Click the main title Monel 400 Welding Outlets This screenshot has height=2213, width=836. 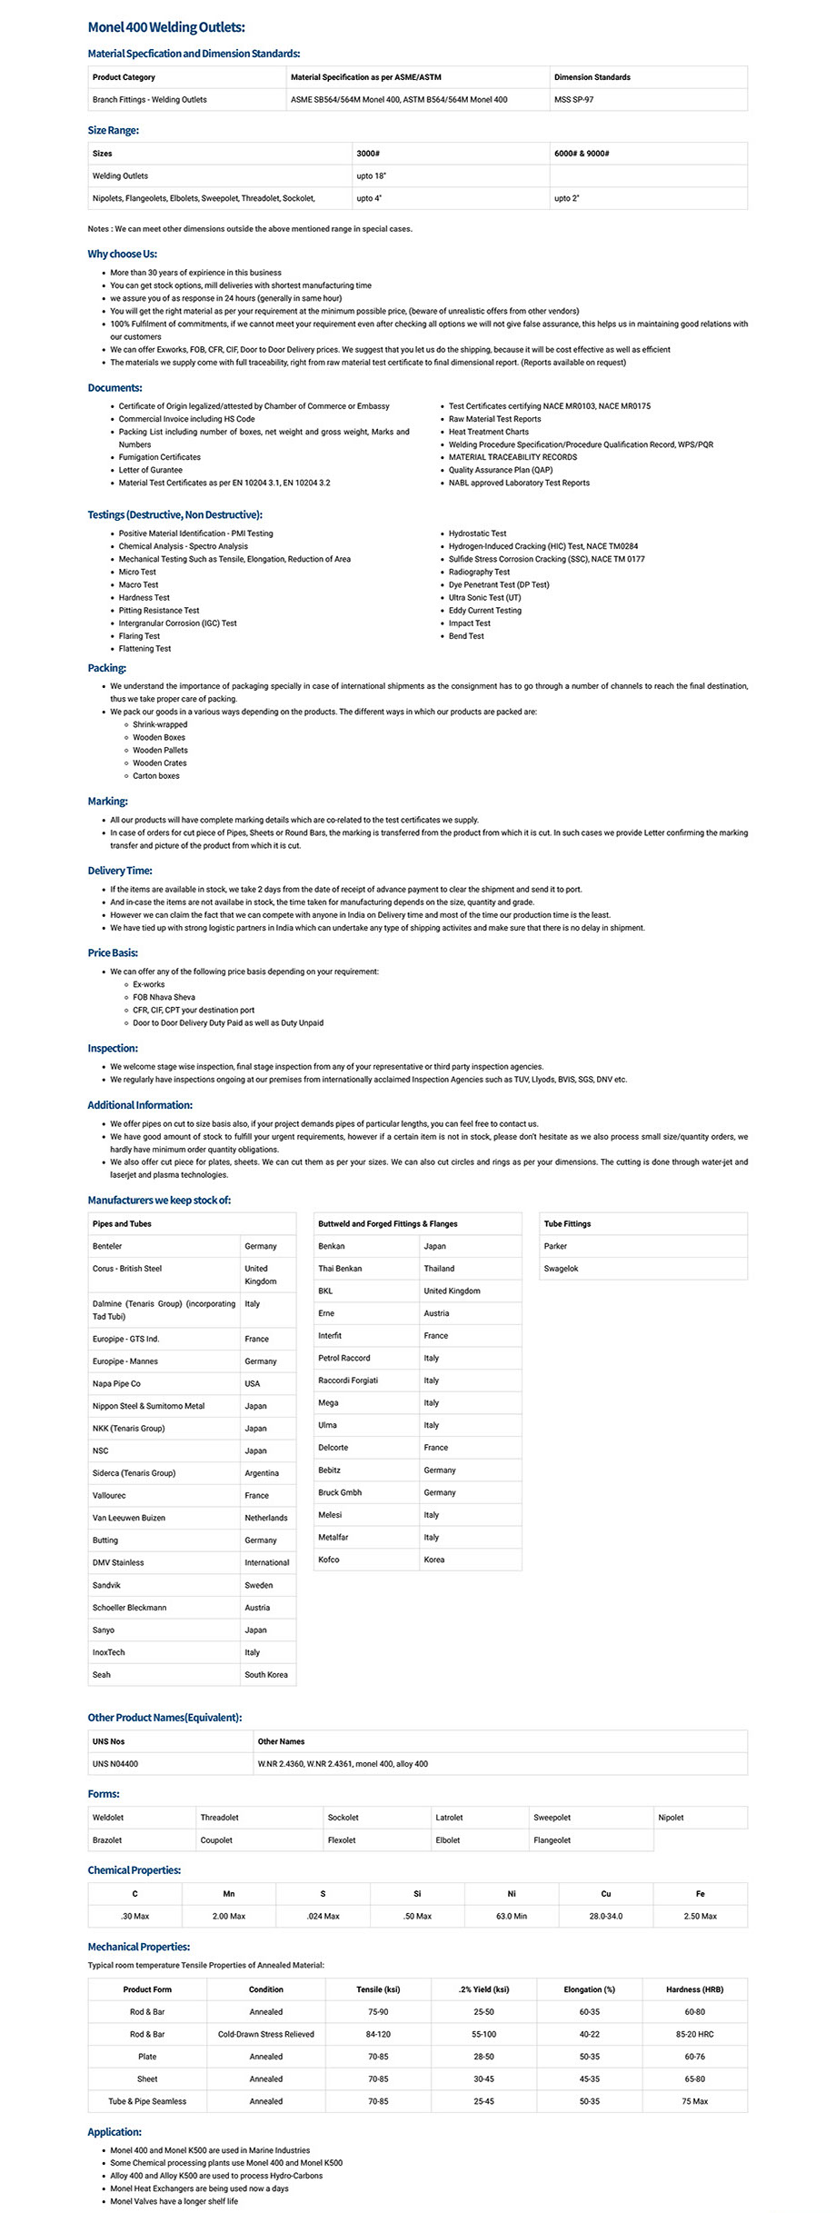click(x=166, y=28)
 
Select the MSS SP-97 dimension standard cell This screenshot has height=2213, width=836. click(x=573, y=100)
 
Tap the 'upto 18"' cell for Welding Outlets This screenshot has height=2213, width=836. click(x=371, y=176)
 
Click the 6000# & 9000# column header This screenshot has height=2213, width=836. click(x=582, y=154)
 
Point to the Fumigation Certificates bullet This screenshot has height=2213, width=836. click(x=160, y=457)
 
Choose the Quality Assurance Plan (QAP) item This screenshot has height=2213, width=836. click(x=500, y=470)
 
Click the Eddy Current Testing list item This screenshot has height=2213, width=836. click(x=484, y=611)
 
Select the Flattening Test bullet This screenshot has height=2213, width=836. click(x=144, y=649)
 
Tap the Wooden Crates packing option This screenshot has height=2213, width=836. click(x=160, y=763)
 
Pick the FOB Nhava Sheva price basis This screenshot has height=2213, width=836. click(x=164, y=997)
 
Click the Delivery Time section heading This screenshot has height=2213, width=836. click(x=120, y=871)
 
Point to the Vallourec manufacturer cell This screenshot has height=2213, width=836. click(x=109, y=1495)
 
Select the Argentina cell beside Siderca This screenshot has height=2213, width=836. click(x=262, y=1473)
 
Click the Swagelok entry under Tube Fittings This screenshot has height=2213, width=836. click(x=561, y=1269)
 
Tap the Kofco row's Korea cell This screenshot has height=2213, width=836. click(x=434, y=1560)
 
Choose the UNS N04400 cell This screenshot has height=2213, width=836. click(x=115, y=1763)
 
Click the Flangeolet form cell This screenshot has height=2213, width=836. click(x=552, y=1839)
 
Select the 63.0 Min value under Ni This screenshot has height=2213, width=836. click(x=512, y=1916)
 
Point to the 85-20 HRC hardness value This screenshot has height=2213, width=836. click(x=694, y=2034)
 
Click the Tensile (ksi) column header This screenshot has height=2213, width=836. click(x=378, y=1989)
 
